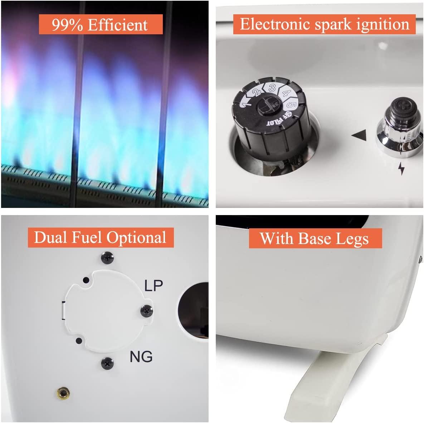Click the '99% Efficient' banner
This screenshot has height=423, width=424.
click(x=101, y=24)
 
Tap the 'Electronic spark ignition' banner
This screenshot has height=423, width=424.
click(x=324, y=24)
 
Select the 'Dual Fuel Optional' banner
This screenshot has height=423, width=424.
click(x=101, y=238)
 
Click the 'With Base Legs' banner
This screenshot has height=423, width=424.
click(x=315, y=238)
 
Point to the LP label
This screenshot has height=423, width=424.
click(x=153, y=285)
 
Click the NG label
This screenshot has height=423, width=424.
click(x=141, y=357)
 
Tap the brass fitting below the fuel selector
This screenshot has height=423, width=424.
click(x=63, y=393)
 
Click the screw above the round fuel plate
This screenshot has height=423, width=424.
click(x=107, y=258)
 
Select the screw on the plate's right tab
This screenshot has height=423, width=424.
click(x=147, y=311)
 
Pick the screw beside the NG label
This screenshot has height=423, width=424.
click(x=107, y=363)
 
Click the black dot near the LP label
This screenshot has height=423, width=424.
click(x=86, y=280)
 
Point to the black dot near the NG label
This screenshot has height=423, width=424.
click(x=79, y=341)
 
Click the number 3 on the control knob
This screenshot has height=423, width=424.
click(x=272, y=88)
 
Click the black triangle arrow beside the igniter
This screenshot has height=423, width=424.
click(x=359, y=135)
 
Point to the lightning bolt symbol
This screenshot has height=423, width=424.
click(x=401, y=168)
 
